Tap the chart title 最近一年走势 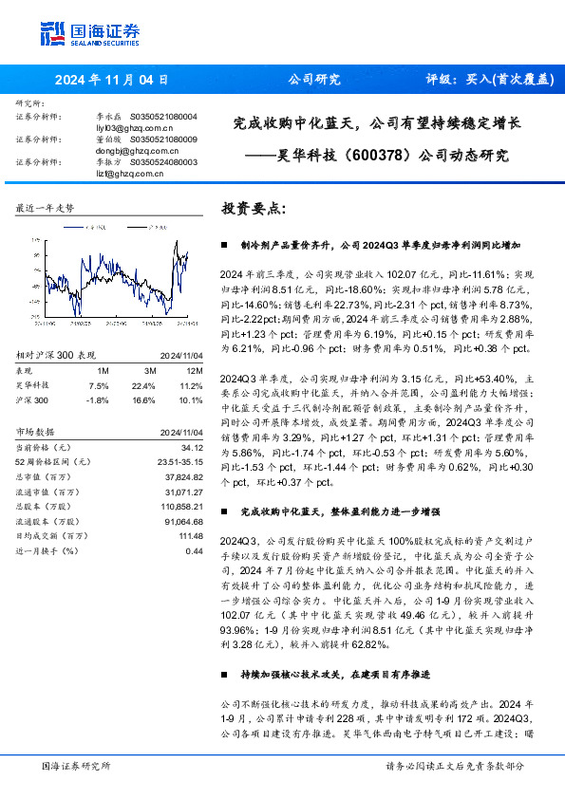pos(46,207)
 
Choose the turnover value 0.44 pos(195,550)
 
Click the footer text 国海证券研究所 pos(76,766)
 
